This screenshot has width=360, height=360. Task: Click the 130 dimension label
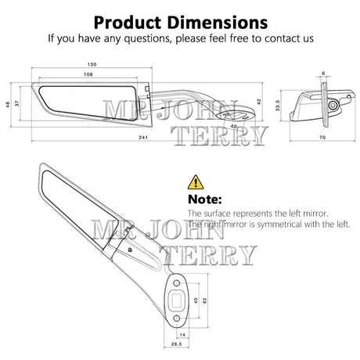pyautogui.click(x=92, y=64)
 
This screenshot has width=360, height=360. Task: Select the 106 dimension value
pyautogui.click(x=88, y=74)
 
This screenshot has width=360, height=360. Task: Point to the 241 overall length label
pyautogui.click(x=143, y=137)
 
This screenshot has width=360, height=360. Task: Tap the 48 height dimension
pyautogui.click(x=8, y=105)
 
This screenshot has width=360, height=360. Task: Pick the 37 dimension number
pyautogui.click(x=17, y=103)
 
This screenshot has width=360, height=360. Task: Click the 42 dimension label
pyautogui.click(x=259, y=102)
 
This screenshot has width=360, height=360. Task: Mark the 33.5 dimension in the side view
pyautogui.click(x=278, y=106)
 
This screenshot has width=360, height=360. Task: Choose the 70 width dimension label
pyautogui.click(x=322, y=137)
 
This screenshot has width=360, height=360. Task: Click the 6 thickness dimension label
pyautogui.click(x=323, y=74)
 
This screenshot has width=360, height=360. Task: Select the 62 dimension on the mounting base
pyautogui.click(x=204, y=301)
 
